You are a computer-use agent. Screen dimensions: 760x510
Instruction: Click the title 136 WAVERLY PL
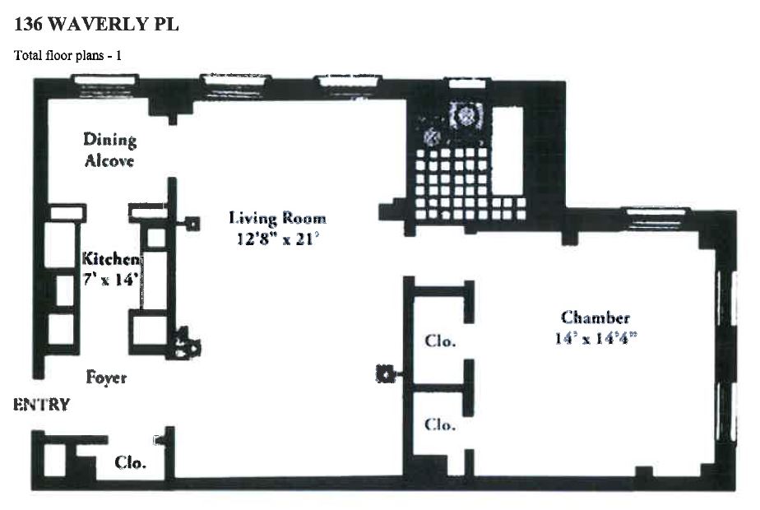pyautogui.click(x=96, y=25)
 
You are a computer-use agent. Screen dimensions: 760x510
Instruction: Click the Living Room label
pyautogui.click(x=277, y=218)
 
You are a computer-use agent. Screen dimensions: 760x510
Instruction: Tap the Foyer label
pyautogui.click(x=107, y=378)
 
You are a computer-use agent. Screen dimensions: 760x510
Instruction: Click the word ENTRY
pyautogui.click(x=41, y=405)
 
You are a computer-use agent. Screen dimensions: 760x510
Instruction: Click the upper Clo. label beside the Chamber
pyautogui.click(x=440, y=341)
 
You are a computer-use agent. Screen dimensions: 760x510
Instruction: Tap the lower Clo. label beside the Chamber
pyautogui.click(x=440, y=424)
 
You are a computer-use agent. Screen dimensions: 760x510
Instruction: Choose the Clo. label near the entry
pyautogui.click(x=130, y=462)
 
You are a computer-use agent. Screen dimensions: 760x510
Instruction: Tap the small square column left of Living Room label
pyautogui.click(x=192, y=221)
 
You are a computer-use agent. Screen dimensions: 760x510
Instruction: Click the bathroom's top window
pyautogui.click(x=468, y=81)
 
